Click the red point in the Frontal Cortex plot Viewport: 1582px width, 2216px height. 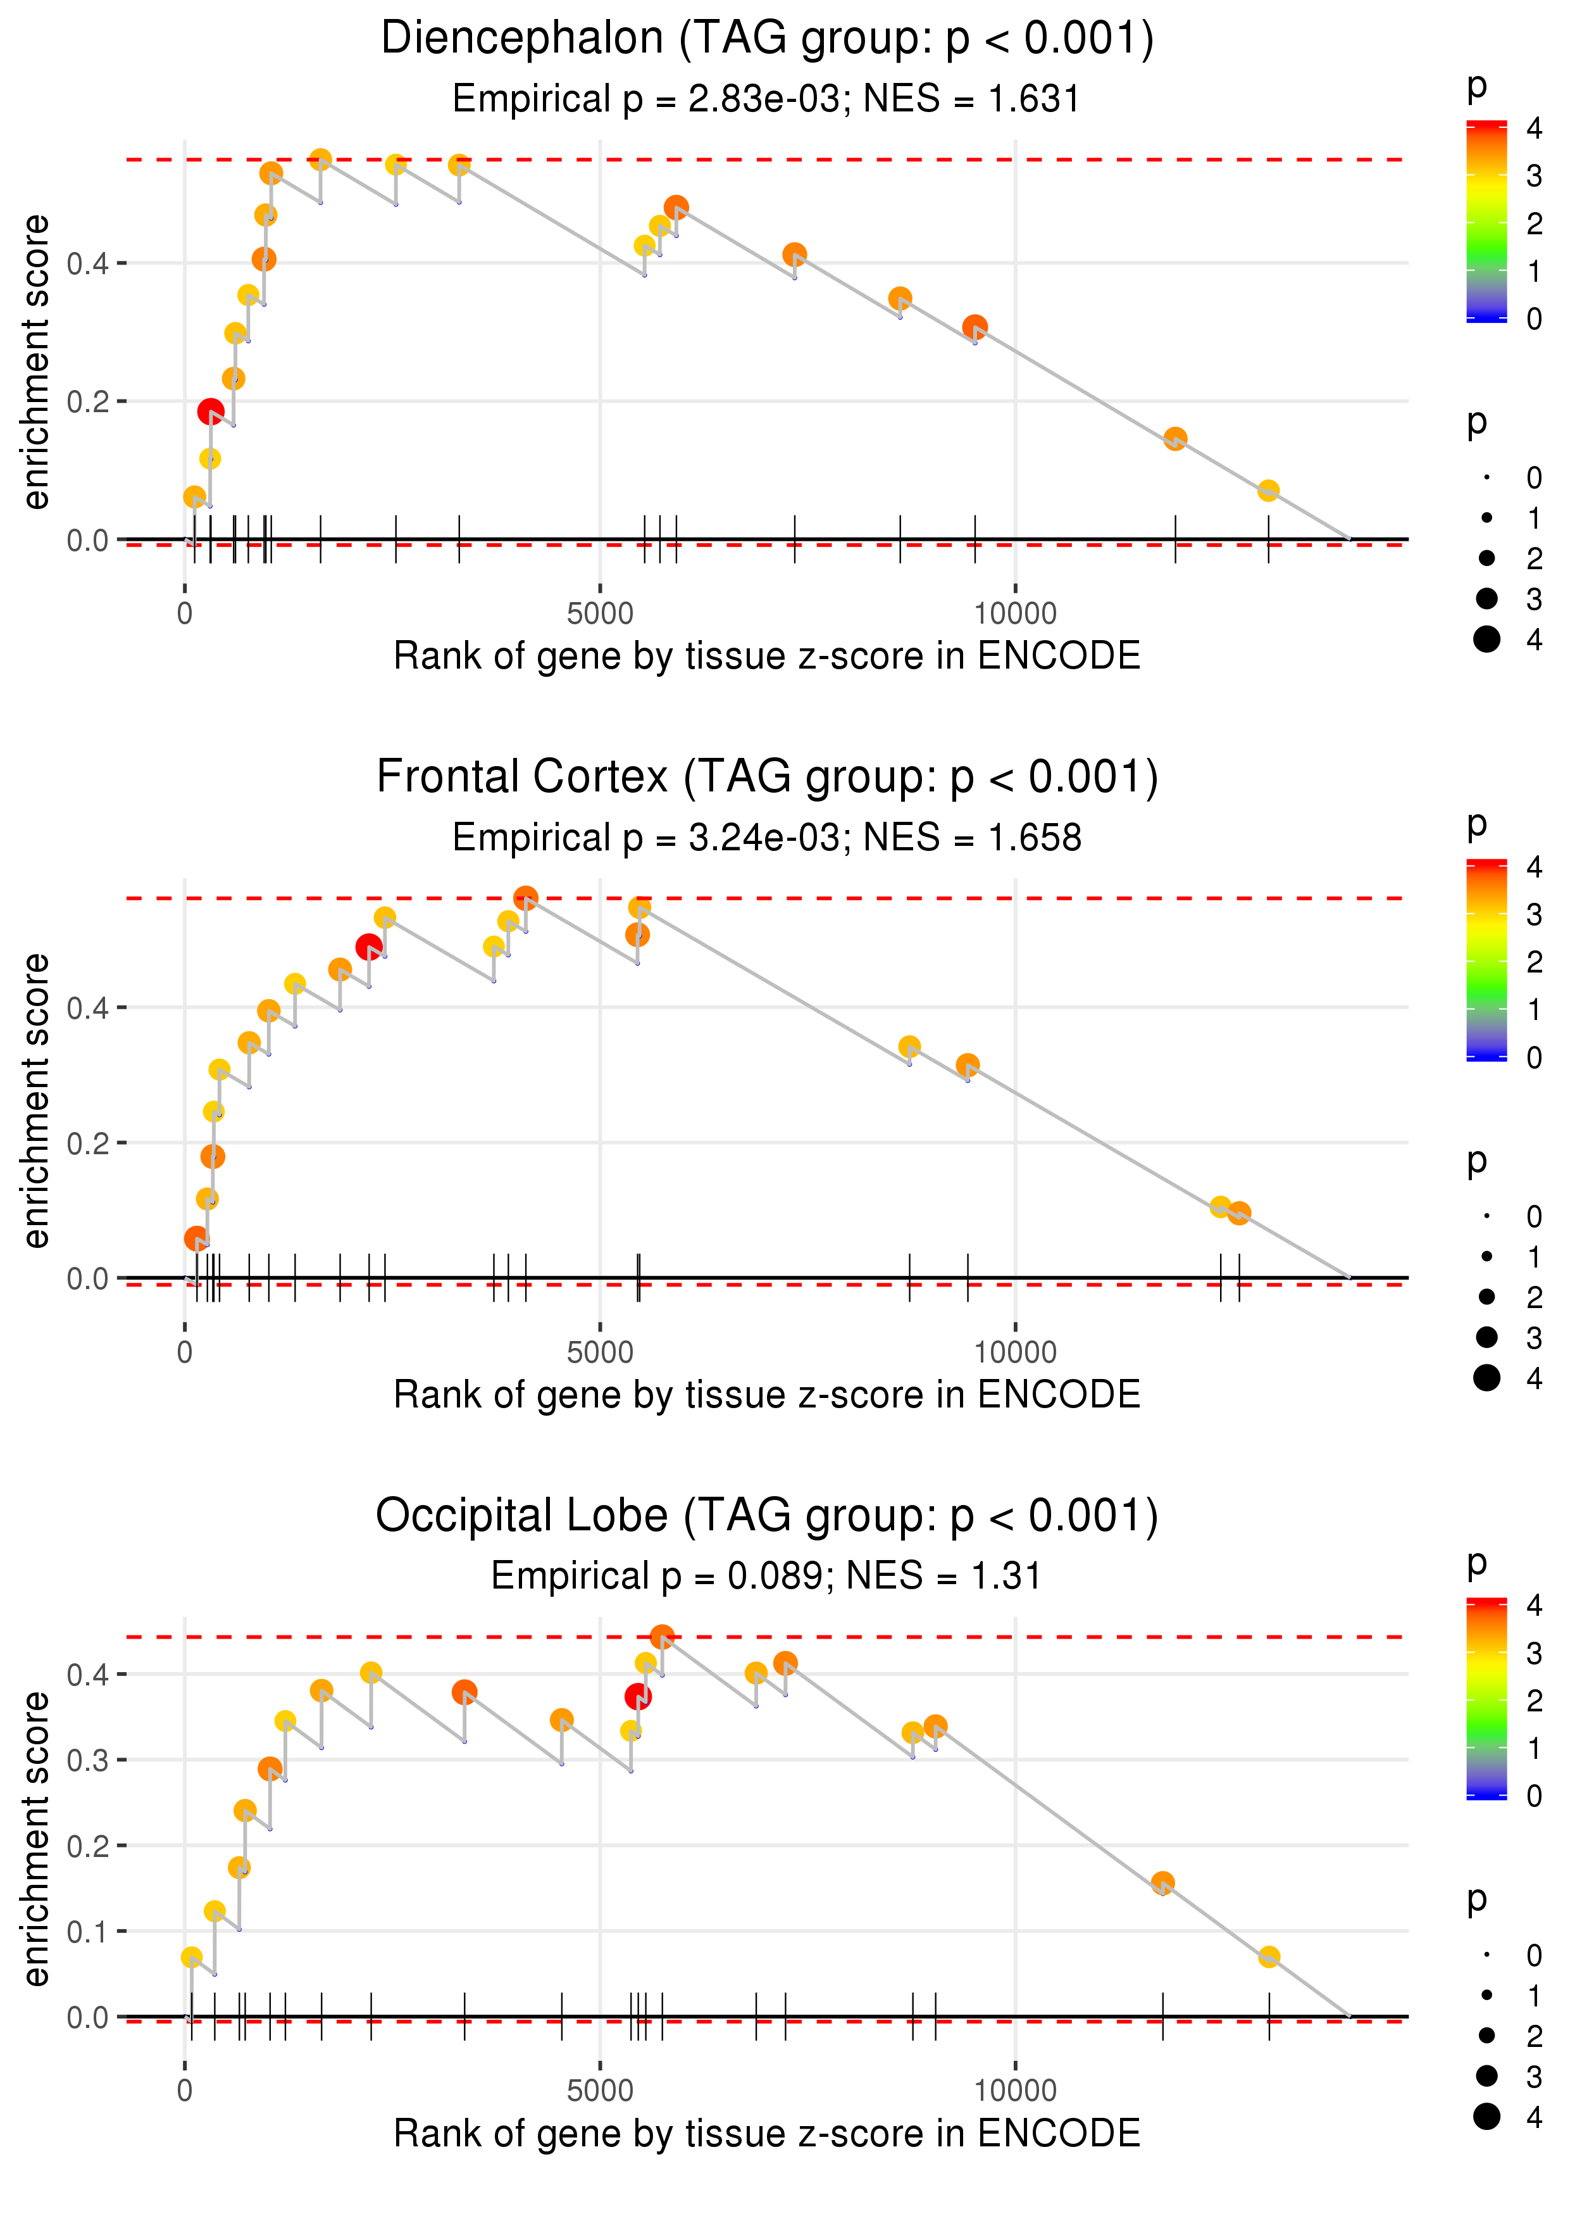[368, 947]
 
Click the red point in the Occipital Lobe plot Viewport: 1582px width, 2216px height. [638, 1697]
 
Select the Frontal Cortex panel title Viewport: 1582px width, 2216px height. [767, 777]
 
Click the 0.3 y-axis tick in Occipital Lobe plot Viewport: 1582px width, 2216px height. [88, 1760]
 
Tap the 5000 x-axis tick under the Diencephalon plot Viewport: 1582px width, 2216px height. [600, 614]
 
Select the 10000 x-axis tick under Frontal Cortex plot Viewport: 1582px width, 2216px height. [1015, 1352]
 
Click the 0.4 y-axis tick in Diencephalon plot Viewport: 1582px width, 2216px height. [88, 263]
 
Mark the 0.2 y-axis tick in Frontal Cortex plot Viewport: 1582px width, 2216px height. [88, 1143]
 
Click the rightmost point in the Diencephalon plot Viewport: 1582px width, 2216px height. [1267, 490]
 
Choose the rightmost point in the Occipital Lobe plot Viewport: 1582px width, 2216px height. [1268, 1957]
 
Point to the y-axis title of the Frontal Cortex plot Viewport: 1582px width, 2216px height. [36, 1100]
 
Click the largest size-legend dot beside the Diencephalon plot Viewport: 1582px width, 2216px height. [1486, 639]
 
